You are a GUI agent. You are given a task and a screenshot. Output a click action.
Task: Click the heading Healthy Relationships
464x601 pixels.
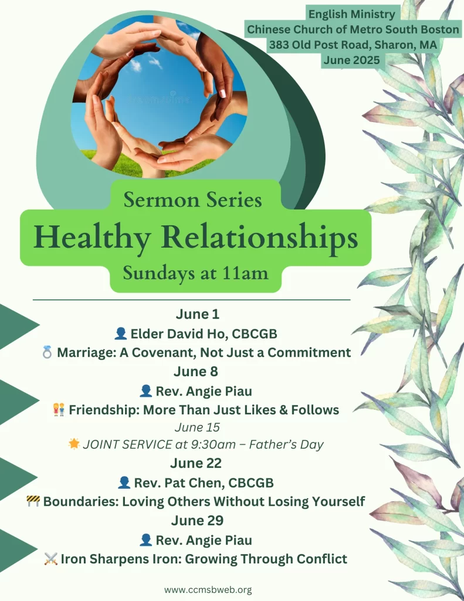click(x=196, y=238)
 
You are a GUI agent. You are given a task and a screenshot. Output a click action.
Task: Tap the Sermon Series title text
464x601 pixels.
click(x=193, y=200)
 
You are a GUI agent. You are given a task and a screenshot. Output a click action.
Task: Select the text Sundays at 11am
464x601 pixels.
click(x=195, y=274)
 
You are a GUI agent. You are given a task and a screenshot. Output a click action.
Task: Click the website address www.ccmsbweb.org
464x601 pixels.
click(x=208, y=590)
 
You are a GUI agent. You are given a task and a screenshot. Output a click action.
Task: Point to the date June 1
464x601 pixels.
click(x=197, y=314)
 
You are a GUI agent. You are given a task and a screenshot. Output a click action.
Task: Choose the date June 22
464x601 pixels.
click(x=196, y=463)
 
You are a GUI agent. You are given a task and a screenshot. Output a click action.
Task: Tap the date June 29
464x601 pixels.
click(x=197, y=520)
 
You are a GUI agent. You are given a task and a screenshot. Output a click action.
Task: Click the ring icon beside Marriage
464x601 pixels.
click(x=47, y=352)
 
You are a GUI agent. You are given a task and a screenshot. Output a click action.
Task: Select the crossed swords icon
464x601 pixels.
click(x=50, y=559)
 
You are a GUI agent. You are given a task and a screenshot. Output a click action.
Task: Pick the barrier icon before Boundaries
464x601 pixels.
click(x=33, y=501)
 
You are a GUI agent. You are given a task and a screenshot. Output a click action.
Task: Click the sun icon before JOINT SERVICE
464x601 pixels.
click(x=74, y=444)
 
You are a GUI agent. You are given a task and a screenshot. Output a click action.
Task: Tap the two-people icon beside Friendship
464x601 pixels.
click(x=59, y=409)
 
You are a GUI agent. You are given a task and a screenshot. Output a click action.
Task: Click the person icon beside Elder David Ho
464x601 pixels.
click(x=121, y=333)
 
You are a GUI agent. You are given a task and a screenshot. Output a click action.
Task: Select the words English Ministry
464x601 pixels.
click(x=352, y=14)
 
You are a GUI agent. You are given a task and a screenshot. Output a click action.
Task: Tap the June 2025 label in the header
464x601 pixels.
click(x=352, y=60)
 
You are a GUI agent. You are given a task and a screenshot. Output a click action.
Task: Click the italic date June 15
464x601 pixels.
click(x=197, y=427)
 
